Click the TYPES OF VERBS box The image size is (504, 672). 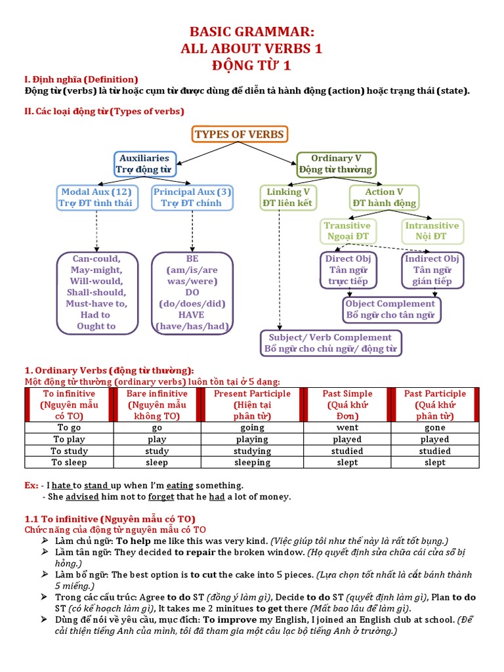coord(239,135)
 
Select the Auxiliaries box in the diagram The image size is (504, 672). coord(144,163)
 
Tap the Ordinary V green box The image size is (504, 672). coord(336,163)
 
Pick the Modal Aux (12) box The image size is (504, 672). coord(96,198)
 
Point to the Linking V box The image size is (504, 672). coord(288,198)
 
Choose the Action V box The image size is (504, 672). coord(384,198)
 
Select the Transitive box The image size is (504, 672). coord(347,230)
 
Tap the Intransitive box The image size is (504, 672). coord(431,230)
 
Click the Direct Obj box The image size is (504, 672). coord(348,270)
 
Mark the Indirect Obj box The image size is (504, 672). coord(432,270)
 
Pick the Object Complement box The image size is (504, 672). coord(391,310)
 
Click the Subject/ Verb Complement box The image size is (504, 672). coord(331,343)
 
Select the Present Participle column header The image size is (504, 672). coord(252,405)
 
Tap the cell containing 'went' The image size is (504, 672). coord(347,428)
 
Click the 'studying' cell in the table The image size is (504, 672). coord(252,451)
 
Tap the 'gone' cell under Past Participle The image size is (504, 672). coord(434,428)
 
